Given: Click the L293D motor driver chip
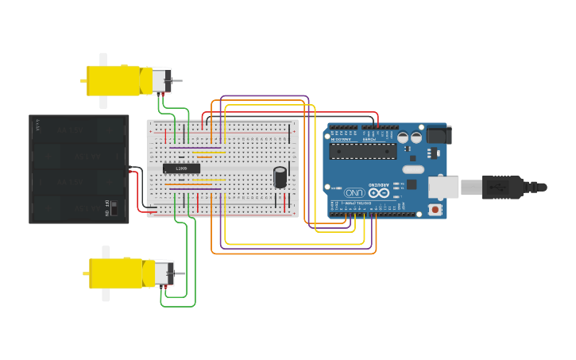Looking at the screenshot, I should point(181,168).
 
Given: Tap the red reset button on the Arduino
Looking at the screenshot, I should point(435,210).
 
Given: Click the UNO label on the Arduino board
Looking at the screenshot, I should point(354,192).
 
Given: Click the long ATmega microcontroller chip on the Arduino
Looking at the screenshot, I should point(362,151).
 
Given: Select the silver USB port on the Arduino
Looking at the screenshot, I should point(443,187).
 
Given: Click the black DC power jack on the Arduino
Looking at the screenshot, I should point(438,135).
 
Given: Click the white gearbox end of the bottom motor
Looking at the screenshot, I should point(164,273).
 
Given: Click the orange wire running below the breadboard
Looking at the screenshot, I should point(294,254).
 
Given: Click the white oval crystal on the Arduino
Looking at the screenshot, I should point(413,169).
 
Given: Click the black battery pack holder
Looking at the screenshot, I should point(79,168).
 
